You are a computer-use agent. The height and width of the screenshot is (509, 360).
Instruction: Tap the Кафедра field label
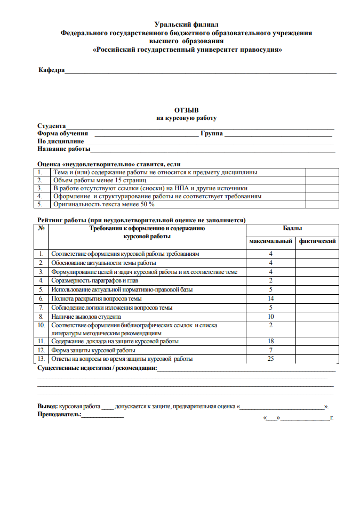[51, 70]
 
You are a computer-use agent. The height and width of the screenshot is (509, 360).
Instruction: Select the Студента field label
[52, 126]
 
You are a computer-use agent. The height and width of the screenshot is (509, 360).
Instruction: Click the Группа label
[212, 133]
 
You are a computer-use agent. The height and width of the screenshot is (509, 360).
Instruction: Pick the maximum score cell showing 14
[271, 299]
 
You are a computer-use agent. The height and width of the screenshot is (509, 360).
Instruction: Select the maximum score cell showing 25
[271, 359]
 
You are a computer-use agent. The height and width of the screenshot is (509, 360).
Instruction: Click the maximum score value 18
[271, 341]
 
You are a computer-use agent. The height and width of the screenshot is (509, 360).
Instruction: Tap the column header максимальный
[271, 241]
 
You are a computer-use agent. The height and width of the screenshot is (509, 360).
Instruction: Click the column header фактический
[317, 241]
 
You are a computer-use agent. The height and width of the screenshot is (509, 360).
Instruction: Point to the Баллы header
[292, 228]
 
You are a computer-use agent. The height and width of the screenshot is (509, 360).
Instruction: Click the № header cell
[42, 228]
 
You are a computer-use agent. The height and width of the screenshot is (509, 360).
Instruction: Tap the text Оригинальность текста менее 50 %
[103, 204]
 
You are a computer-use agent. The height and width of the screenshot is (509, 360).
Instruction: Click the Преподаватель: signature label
[59, 414]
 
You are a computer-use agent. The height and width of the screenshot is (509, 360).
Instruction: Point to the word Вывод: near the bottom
[47, 406]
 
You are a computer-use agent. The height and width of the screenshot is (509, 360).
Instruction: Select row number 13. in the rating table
[42, 359]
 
